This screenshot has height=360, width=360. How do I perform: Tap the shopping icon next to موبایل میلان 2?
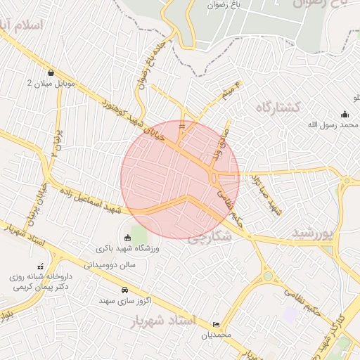tap(51, 72)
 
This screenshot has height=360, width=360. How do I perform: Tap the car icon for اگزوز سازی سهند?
tap(125, 290)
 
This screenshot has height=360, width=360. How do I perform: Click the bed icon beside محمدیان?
tap(216, 324)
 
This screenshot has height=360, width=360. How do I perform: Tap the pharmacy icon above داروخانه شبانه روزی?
tap(40, 266)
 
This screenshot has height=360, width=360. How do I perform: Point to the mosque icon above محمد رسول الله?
tap(345, 114)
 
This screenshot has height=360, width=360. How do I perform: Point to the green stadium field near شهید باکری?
tap(139, 233)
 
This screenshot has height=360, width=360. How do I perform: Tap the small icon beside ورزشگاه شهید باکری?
tap(127, 238)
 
